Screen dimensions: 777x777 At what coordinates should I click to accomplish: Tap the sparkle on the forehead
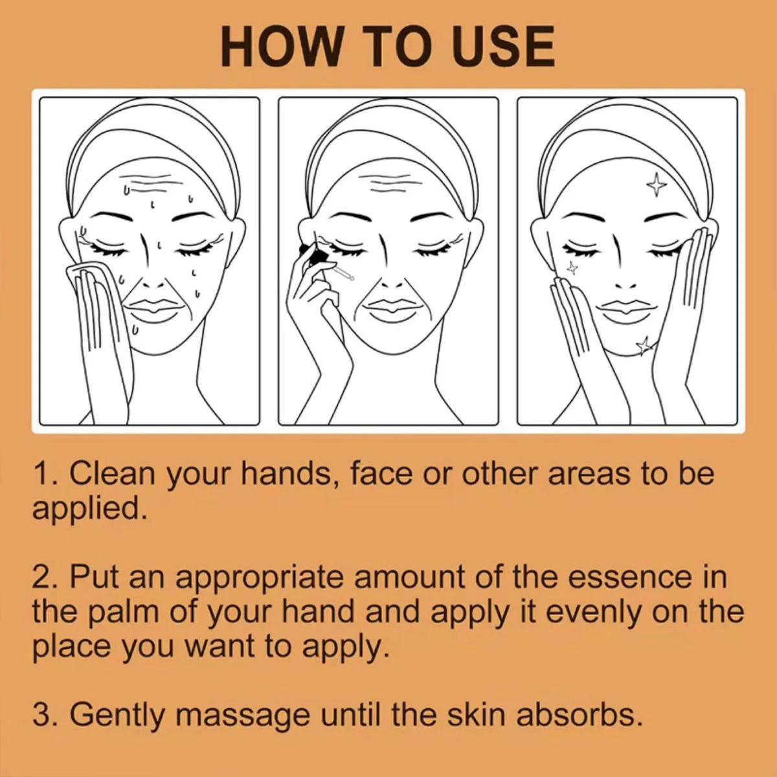click(657, 185)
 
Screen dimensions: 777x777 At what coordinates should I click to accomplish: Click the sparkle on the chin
click(644, 346)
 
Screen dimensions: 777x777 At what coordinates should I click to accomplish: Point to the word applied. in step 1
click(87, 508)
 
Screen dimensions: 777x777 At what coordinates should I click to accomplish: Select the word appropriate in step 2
click(259, 576)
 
